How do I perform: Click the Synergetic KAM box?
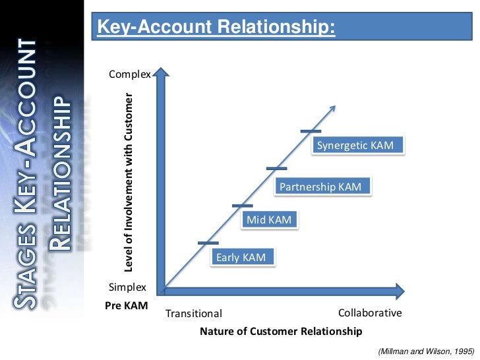[x=355, y=146]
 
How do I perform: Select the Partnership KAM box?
[x=320, y=187]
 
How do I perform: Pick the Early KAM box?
[x=241, y=257]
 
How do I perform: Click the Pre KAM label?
[x=127, y=307]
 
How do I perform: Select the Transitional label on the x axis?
[x=193, y=314]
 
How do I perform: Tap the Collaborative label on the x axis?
[x=369, y=313]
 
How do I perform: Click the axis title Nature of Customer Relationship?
[x=280, y=331]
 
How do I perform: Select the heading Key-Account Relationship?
[x=216, y=27]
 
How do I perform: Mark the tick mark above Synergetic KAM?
[x=310, y=131]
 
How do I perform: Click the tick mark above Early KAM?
[x=208, y=243]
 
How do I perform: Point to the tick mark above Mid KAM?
[x=242, y=206]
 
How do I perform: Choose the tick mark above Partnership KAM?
[x=276, y=169]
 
